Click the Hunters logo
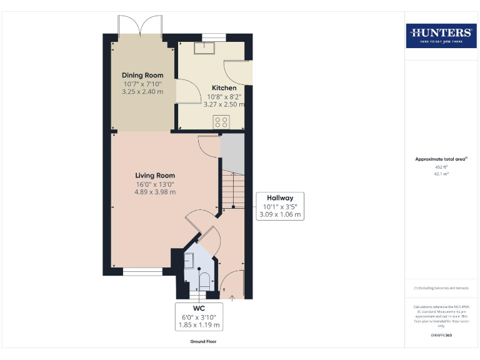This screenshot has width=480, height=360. [x=441, y=36]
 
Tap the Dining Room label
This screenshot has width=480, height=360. [x=142, y=75]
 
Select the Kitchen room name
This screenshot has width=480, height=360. [x=224, y=88]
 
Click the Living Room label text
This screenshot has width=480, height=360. [x=155, y=176]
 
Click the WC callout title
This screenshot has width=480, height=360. [x=199, y=309]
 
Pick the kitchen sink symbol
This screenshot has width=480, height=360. [x=203, y=49]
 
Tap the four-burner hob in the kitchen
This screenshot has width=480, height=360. [x=221, y=122]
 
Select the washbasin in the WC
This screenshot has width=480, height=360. [x=189, y=260]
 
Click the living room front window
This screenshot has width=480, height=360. [x=142, y=271]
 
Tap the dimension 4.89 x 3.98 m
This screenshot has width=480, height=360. [x=155, y=192]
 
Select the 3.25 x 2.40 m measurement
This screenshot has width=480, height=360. [x=142, y=91]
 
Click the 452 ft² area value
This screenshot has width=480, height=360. [x=441, y=167]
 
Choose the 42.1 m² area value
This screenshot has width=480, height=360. [x=441, y=174]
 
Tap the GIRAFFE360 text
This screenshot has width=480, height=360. [x=441, y=336]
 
